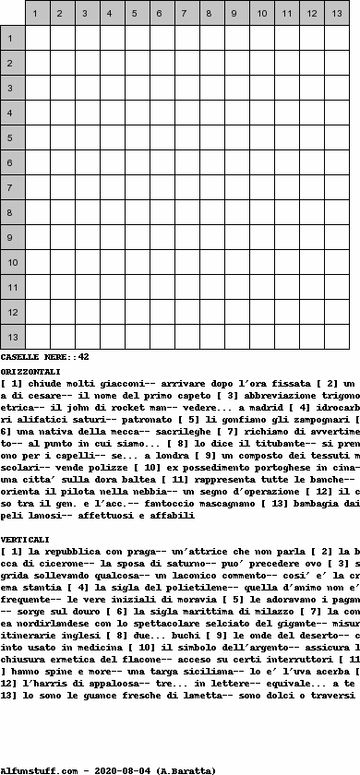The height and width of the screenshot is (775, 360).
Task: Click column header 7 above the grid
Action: [x=187, y=13]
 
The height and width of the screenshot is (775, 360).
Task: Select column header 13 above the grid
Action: [x=337, y=13]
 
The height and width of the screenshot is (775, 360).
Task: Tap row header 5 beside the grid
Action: [x=12, y=137]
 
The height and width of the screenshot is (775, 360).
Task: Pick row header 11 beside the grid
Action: [x=12, y=287]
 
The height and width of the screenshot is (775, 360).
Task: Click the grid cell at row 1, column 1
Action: [x=38, y=38]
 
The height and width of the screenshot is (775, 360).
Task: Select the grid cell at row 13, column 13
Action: [x=337, y=337]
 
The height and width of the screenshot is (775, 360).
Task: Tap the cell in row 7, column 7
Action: [x=187, y=187]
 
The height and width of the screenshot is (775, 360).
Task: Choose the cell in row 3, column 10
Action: [x=262, y=88]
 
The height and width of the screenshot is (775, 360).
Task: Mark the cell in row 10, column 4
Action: [x=113, y=262]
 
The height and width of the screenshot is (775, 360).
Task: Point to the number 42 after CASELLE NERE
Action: [x=83, y=356]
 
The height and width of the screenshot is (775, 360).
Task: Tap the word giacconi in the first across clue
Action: [x=106, y=381]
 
